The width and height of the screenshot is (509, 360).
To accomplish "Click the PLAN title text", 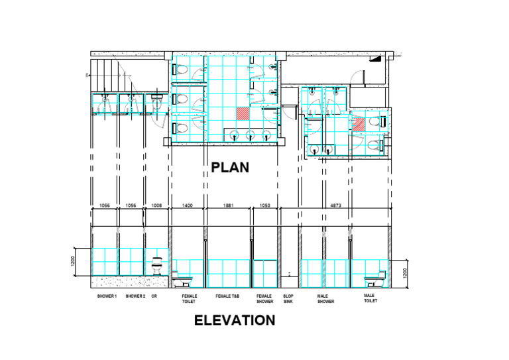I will coord(230,167).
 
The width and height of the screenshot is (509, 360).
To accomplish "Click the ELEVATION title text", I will coord(234,321).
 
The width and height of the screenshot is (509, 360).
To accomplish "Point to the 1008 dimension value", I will coord(156,206).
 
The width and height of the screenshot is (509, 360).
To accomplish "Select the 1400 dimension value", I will coord(188,206).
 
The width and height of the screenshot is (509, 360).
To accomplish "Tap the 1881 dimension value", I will coord(229,206).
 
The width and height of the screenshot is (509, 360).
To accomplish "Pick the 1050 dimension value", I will coord(264,206).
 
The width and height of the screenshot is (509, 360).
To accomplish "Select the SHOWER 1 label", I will coord(107,296).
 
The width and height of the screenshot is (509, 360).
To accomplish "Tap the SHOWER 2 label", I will coord(135,296).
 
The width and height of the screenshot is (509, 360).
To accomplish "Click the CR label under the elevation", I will coord(154,296).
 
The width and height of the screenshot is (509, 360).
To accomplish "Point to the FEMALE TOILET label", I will coord(189,298).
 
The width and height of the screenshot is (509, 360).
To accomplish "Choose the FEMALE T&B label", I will coord(227,296).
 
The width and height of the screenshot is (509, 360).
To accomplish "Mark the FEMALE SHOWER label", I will coord(264,298).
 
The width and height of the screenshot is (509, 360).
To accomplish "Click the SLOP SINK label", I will coord(288,298).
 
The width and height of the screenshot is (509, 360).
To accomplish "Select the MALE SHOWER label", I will coord(325,298).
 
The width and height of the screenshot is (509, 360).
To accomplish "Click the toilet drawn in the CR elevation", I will coord(157,267).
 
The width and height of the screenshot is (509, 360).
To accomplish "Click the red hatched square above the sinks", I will coord(243,113).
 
